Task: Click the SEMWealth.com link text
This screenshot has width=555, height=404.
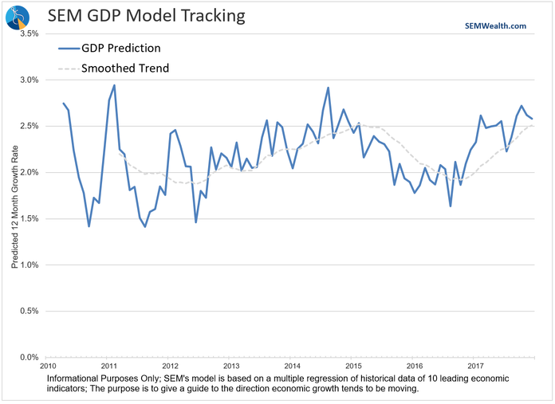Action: tap(495, 25)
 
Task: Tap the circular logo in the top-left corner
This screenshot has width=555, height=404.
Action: tap(18, 16)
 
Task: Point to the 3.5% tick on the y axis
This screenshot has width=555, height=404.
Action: tap(27, 33)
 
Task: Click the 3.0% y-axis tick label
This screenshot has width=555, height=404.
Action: tap(27, 80)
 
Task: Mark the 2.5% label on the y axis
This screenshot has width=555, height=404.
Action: tap(27, 126)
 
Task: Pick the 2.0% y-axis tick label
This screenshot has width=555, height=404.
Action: tap(27, 172)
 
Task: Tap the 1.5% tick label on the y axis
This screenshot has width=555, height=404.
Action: tap(27, 218)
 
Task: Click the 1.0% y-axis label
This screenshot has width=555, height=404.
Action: tap(27, 265)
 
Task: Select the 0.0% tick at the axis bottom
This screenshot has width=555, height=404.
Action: tap(27, 357)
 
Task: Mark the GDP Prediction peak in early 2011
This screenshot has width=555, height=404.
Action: tap(114, 85)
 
